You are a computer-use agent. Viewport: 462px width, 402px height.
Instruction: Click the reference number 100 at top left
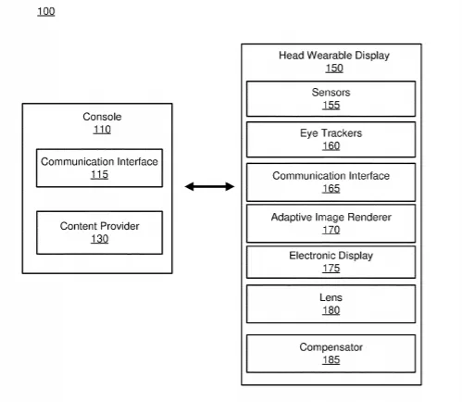coord(46,11)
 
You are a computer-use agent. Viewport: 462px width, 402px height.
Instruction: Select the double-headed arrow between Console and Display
coord(209,186)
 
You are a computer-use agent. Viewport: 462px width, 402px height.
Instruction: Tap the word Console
coord(102,117)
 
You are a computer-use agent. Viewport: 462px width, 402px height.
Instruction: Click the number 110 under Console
coord(102,130)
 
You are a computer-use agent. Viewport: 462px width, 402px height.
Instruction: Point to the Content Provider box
coord(99,232)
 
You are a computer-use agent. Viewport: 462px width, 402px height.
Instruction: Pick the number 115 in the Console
coord(99,175)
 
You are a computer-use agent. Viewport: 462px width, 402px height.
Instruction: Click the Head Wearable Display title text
coord(334,56)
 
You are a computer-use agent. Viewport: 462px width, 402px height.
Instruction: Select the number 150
coord(334,69)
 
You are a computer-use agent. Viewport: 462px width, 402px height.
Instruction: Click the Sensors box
coord(331,99)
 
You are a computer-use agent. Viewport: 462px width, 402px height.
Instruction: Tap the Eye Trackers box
coord(331,140)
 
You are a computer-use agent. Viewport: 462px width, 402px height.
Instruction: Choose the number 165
coord(331,189)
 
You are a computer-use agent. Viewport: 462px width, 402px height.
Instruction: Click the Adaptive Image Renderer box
coord(331,223)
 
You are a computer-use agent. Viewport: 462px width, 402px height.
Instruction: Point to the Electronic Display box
coord(331,262)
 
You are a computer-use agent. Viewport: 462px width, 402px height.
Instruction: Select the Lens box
coord(331,304)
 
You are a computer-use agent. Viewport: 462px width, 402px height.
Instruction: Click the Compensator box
coord(331,354)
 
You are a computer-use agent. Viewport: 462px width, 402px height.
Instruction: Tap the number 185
coord(331,360)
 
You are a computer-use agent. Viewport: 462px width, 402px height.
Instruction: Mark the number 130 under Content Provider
coord(100,239)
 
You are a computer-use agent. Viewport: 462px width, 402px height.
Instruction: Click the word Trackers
coord(342,133)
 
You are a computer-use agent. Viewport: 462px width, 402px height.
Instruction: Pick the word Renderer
coord(369,217)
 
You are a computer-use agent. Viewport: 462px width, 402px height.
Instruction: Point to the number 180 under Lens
coord(331,310)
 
